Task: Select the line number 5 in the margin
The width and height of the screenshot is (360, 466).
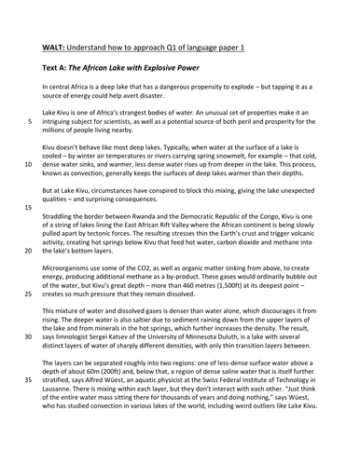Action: [29, 121]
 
